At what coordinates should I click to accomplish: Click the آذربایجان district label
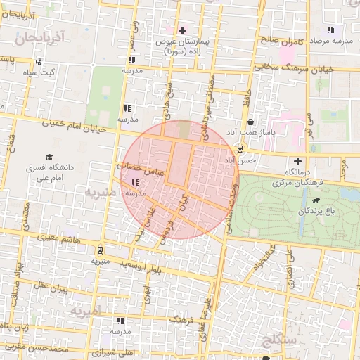click(43, 37)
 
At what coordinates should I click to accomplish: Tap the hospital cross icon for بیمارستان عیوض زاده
click(183, 30)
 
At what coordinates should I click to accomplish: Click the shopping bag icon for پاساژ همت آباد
click(251, 122)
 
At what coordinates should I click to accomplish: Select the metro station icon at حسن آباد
click(240, 149)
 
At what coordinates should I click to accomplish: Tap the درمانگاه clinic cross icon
click(298, 162)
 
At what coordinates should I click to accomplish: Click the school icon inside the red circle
click(134, 183)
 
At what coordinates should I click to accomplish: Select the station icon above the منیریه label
click(101, 250)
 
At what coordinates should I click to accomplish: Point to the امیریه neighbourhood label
click(84, 310)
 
